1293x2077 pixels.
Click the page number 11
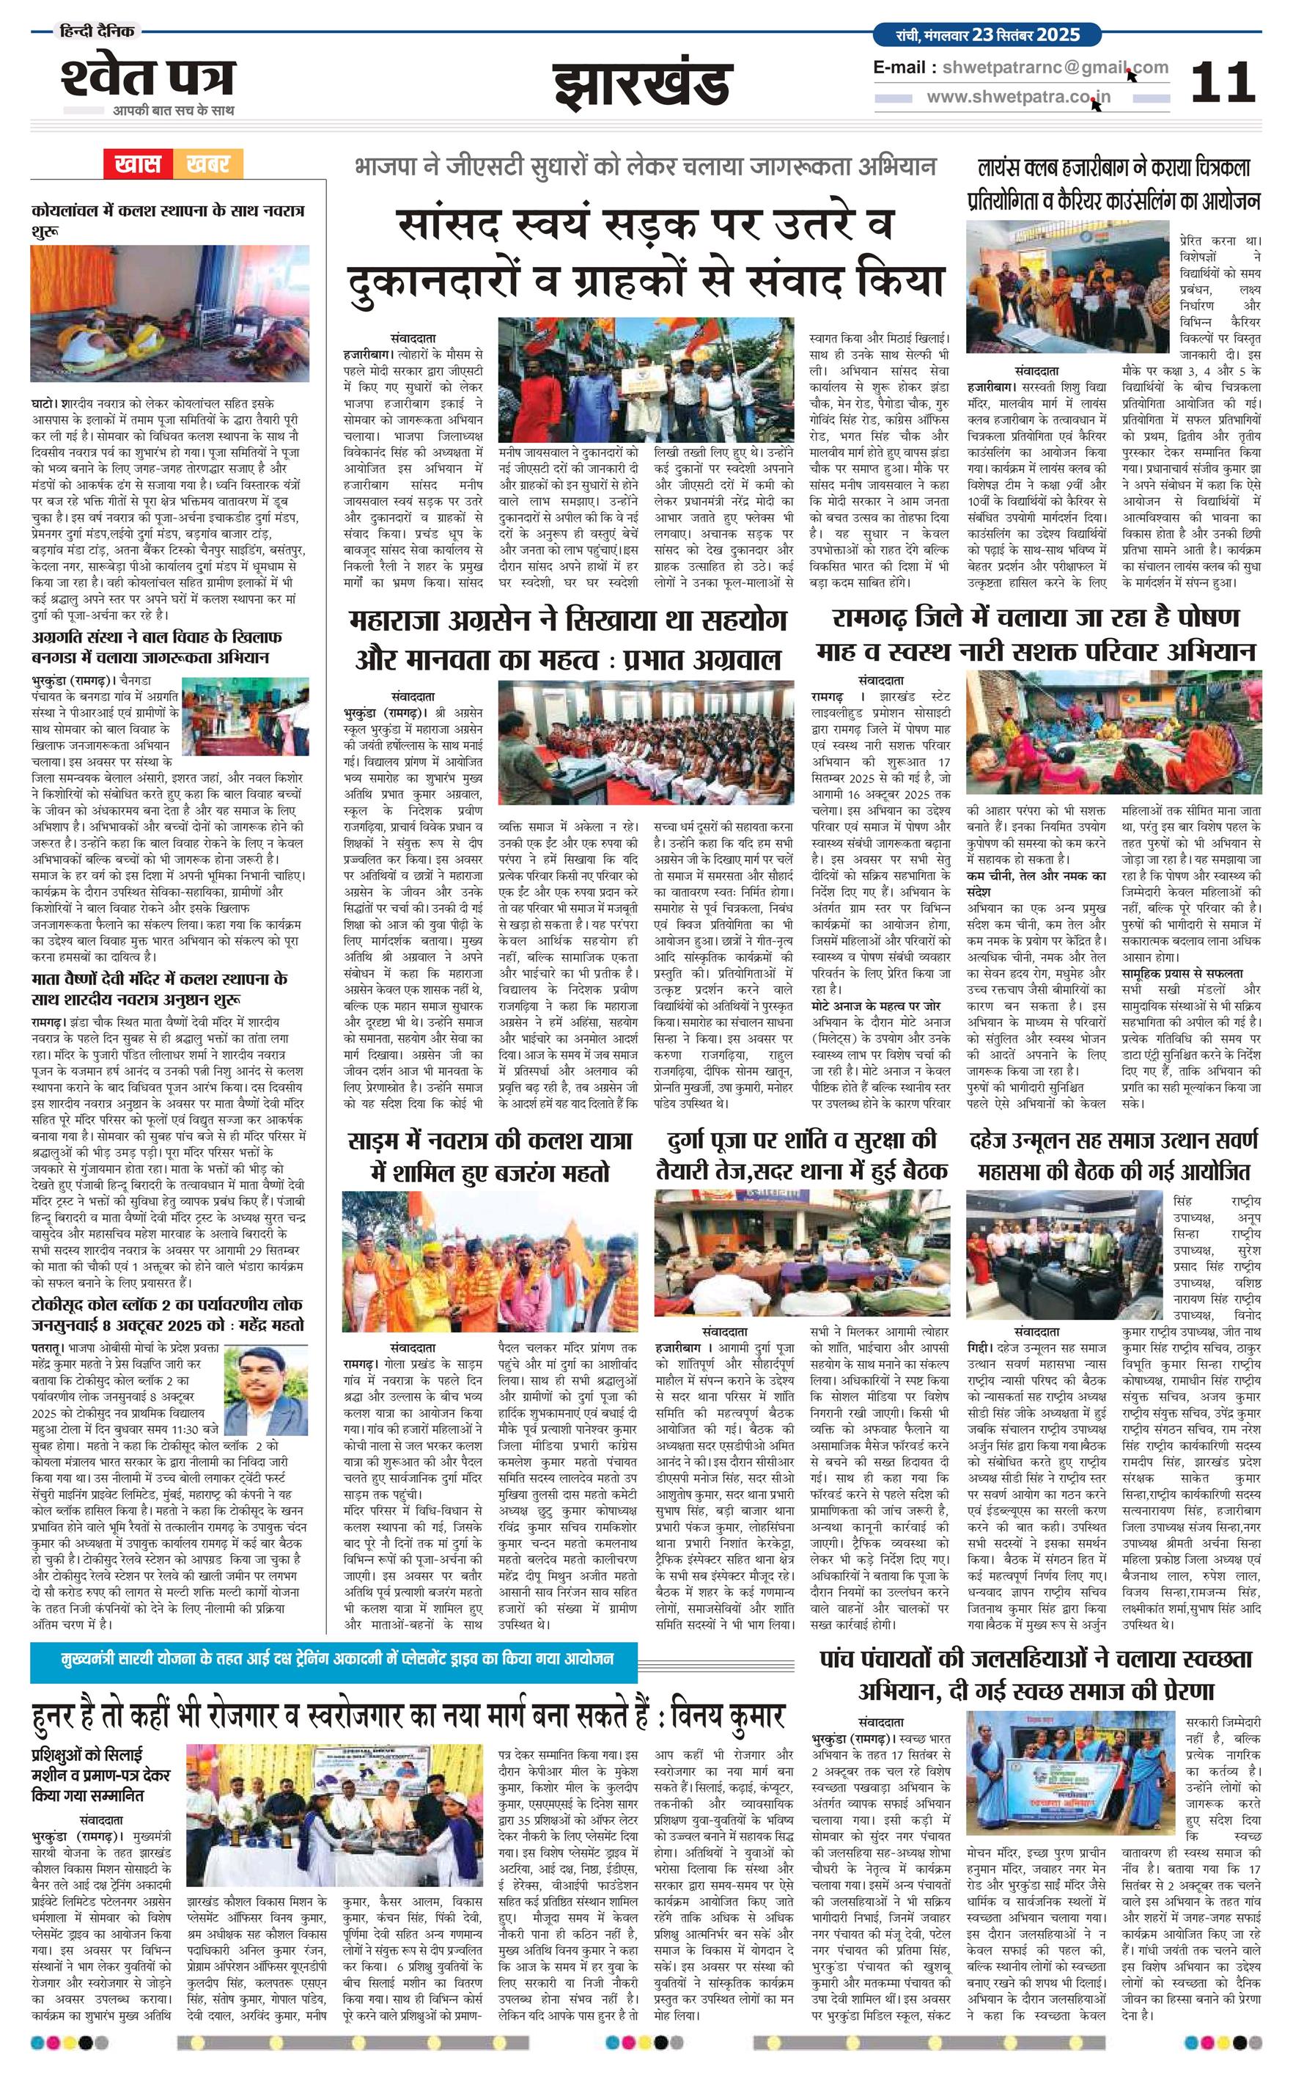(x=1222, y=82)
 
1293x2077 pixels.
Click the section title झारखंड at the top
(x=642, y=83)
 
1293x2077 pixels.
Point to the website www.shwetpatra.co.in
(x=1019, y=98)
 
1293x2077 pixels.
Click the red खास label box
(x=138, y=164)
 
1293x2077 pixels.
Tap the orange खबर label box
(x=208, y=164)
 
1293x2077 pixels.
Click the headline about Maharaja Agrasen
(x=568, y=639)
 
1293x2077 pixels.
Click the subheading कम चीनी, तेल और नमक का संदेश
(x=1036, y=883)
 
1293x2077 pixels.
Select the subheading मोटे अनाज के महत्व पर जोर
(x=876, y=1006)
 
